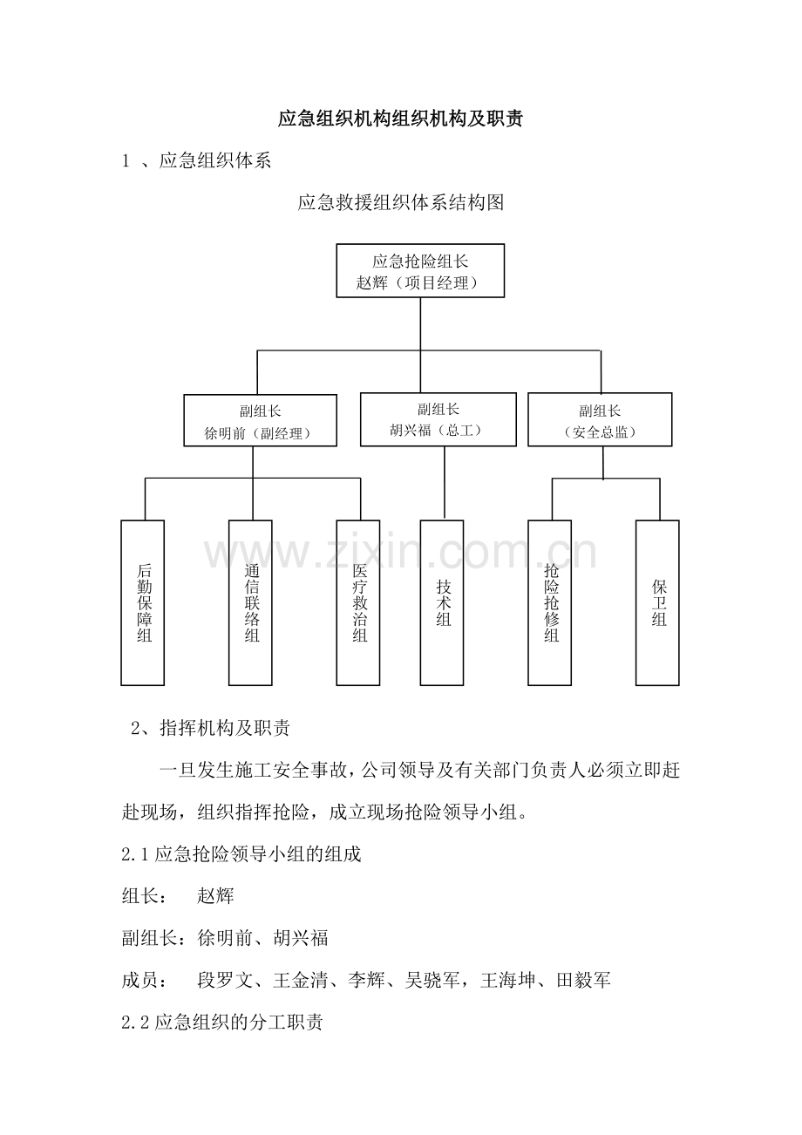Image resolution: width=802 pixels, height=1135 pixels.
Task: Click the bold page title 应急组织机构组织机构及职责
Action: (400, 119)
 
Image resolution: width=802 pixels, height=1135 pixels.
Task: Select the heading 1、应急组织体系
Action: (196, 160)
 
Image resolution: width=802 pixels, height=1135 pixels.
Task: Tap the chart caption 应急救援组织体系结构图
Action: (400, 202)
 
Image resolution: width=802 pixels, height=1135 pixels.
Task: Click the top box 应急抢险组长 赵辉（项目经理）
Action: (420, 270)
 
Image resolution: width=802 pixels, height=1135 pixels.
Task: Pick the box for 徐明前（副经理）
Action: (260, 420)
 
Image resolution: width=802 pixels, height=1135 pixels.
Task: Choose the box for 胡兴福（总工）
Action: (438, 419)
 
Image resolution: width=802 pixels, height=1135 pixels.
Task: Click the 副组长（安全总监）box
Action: (600, 419)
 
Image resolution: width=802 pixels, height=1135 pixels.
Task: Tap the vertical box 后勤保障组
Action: (142, 603)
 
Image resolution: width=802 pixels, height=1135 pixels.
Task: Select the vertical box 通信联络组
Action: (250, 603)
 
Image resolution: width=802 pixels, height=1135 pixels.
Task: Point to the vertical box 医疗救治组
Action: (358, 603)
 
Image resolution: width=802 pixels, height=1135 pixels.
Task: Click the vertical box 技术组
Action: (442, 603)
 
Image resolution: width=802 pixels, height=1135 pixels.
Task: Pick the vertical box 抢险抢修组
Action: (550, 603)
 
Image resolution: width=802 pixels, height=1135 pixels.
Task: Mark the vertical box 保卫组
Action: (657, 603)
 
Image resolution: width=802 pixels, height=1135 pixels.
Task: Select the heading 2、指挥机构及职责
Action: (210, 728)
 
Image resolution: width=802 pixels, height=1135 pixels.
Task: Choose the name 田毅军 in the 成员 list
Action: (584, 980)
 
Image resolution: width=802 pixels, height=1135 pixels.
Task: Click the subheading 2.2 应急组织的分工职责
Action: (222, 1022)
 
